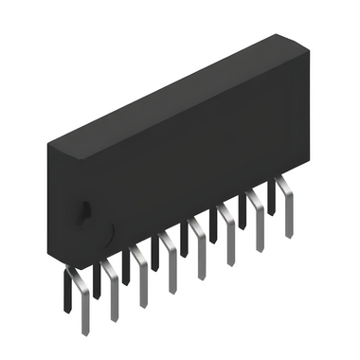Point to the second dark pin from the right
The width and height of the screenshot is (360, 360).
click(x=243, y=210)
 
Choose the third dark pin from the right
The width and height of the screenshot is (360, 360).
click(x=213, y=225)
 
